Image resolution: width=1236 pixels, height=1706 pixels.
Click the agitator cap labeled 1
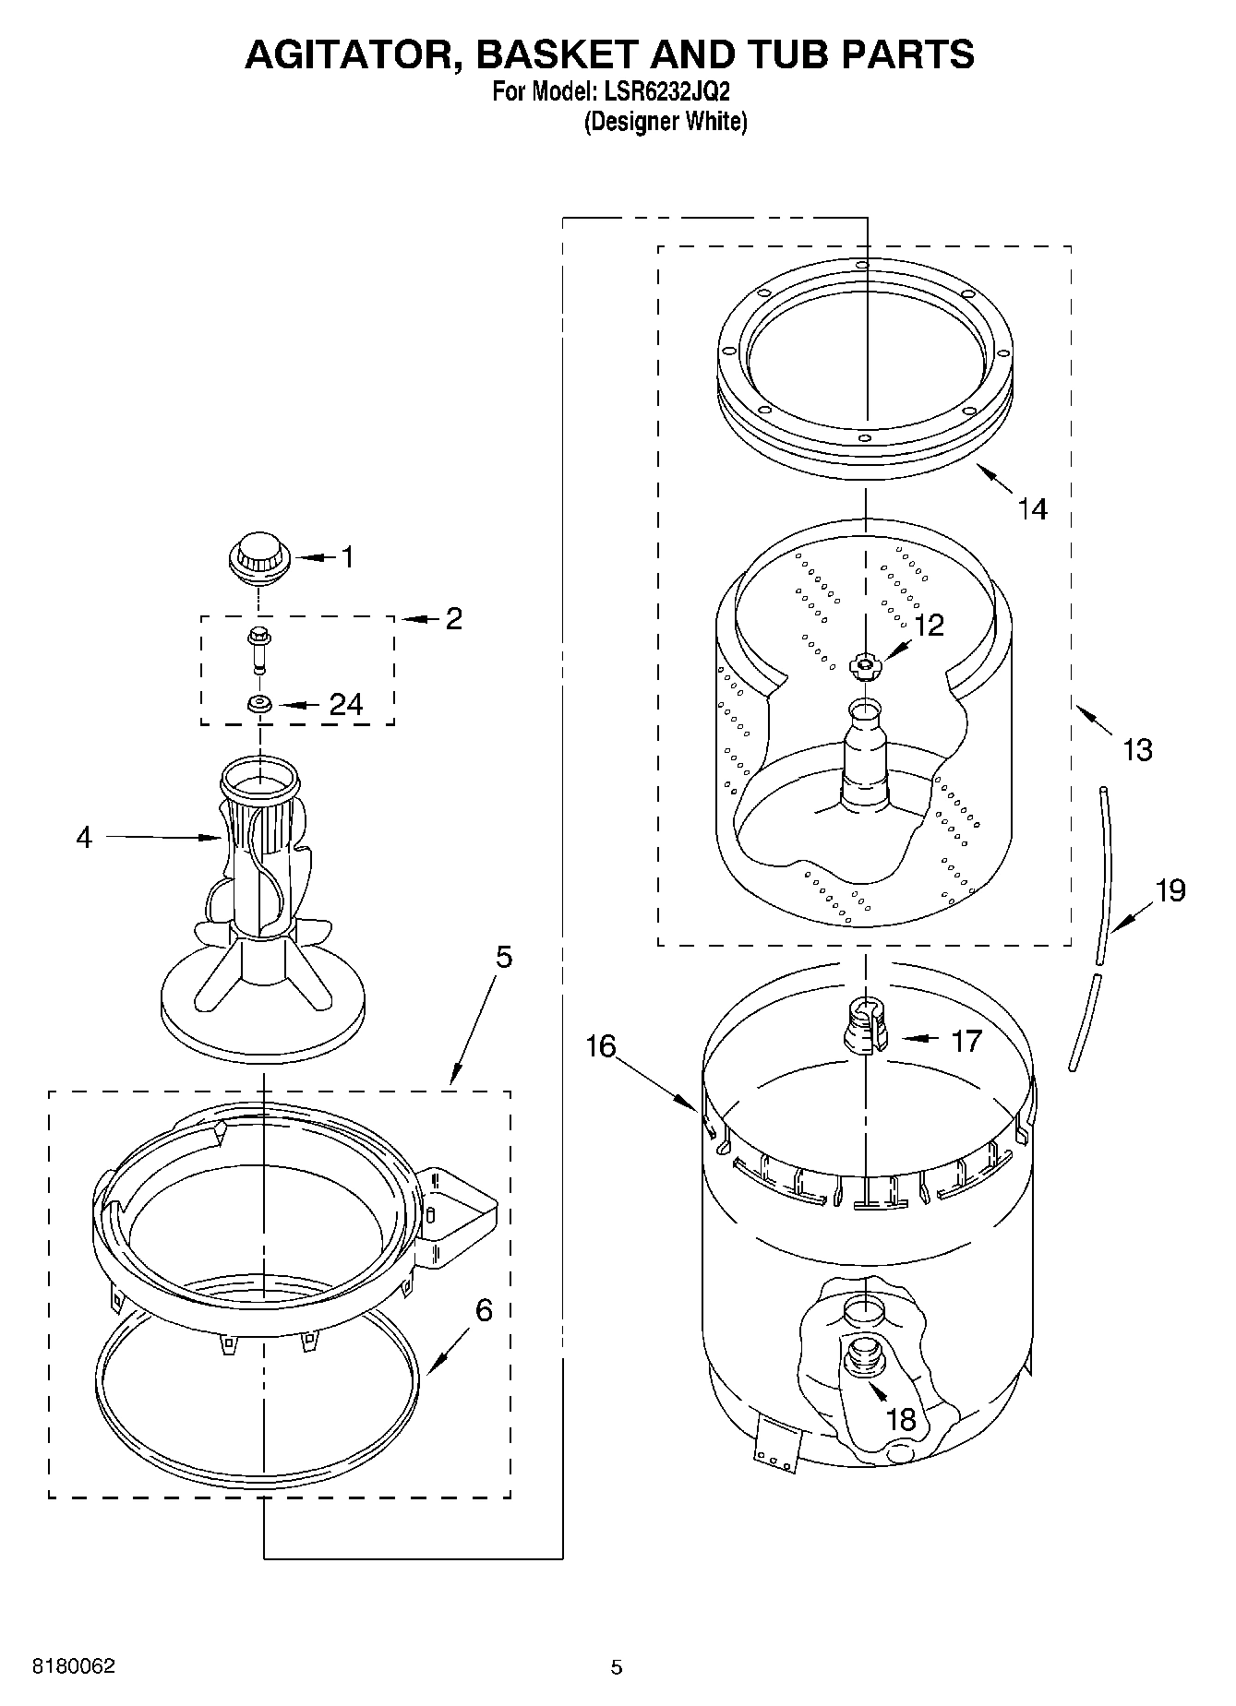point(258,557)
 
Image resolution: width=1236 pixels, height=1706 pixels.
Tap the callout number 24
point(346,705)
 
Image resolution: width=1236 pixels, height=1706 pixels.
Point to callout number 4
point(84,837)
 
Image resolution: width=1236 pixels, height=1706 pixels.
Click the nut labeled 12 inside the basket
point(864,664)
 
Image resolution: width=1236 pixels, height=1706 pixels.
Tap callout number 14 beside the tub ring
point(1032,508)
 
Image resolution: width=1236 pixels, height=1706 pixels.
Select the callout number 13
point(1136,749)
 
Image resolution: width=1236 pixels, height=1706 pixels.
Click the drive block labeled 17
point(865,1027)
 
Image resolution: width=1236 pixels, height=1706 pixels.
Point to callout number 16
point(601,1046)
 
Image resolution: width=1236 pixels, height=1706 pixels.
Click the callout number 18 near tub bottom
point(900,1419)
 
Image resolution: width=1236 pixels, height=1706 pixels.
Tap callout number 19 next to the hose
point(1170,890)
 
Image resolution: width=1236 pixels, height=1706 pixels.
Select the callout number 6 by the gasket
point(484,1310)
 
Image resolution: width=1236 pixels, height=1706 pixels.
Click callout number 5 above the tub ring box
point(502,957)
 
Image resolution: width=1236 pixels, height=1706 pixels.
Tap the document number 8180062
point(74,1665)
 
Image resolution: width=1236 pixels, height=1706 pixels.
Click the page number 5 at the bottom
point(616,1666)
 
